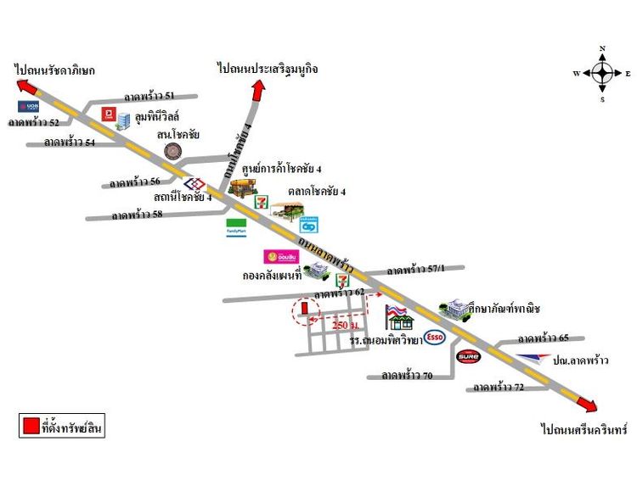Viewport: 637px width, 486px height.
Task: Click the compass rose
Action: click(x=602, y=73)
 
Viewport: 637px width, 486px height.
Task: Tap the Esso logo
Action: click(x=435, y=338)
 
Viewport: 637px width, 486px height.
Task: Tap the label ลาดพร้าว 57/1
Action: click(x=414, y=271)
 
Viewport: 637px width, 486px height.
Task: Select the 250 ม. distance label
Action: click(x=345, y=325)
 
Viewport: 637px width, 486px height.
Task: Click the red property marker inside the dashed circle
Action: click(x=303, y=309)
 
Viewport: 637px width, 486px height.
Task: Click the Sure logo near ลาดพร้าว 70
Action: click(x=469, y=357)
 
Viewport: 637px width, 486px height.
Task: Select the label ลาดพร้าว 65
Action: click(x=543, y=337)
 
